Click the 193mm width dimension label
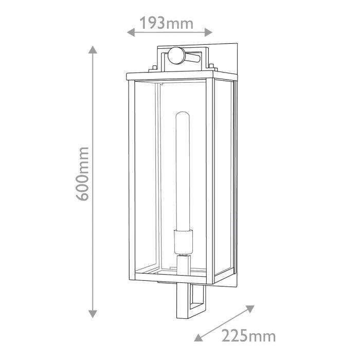167,23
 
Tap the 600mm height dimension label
82,174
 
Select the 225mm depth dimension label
248,336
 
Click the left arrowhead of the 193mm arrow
131,32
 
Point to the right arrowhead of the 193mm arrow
208,32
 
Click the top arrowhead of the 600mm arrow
93,49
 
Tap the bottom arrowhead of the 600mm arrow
93,314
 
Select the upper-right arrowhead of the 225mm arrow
250,309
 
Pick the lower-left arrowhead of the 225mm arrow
199,337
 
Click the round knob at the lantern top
176,56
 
